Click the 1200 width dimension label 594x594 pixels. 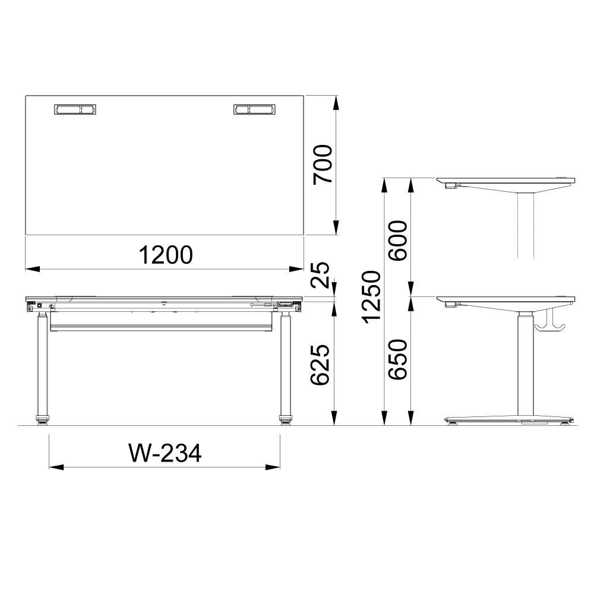click(x=166, y=255)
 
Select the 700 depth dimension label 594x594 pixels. click(x=323, y=165)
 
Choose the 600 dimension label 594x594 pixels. click(x=398, y=240)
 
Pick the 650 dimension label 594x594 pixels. click(x=398, y=359)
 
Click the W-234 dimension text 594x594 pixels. click(x=165, y=453)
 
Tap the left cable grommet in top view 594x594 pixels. click(x=75, y=109)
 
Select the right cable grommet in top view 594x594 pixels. click(x=254, y=109)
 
